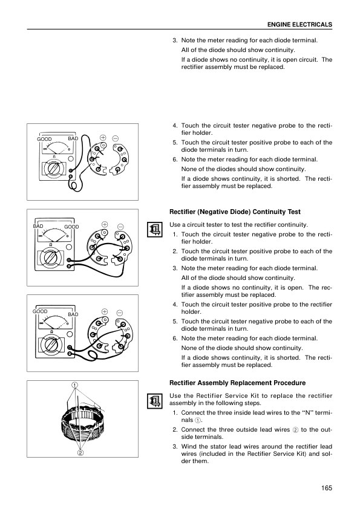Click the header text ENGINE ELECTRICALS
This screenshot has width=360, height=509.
click(x=299, y=25)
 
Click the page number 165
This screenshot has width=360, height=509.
click(x=327, y=488)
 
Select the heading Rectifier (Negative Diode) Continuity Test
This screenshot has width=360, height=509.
click(x=235, y=212)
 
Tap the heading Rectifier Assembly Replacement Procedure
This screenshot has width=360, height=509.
click(x=238, y=383)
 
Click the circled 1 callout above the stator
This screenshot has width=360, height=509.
click(x=75, y=385)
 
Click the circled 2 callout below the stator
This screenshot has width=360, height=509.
click(x=80, y=453)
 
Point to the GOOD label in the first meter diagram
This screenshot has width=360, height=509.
click(x=44, y=139)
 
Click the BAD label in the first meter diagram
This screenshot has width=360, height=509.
click(x=73, y=138)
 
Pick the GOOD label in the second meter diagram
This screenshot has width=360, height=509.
click(x=71, y=227)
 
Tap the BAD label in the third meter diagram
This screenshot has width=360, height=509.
click(x=73, y=314)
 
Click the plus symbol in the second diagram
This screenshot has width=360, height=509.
click(x=105, y=224)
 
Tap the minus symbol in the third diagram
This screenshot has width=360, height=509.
click(x=120, y=313)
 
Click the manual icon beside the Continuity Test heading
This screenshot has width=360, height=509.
click(x=155, y=230)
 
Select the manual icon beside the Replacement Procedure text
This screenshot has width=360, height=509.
click(x=155, y=401)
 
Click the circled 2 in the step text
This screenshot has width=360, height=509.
click(x=295, y=430)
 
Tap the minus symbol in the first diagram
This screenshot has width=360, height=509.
click(x=116, y=138)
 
